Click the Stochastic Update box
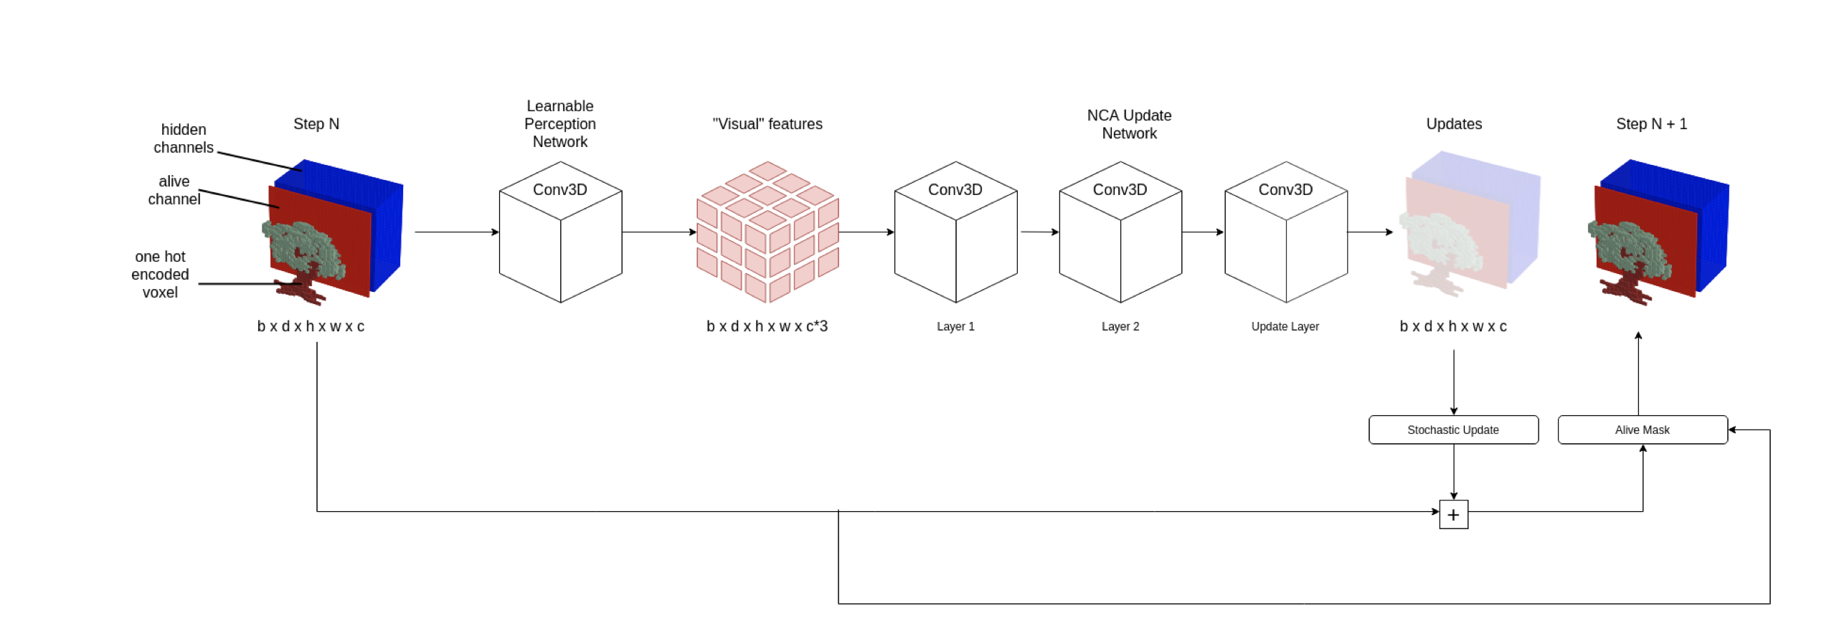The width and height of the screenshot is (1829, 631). [x=1452, y=430]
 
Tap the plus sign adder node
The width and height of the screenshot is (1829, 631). [x=1452, y=514]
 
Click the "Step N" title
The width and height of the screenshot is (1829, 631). [x=316, y=124]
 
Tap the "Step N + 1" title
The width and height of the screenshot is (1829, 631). [x=1650, y=124]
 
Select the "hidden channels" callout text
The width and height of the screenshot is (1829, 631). [x=183, y=138]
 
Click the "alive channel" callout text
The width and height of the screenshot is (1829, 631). [x=174, y=190]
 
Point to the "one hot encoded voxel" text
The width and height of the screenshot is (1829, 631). [x=159, y=274]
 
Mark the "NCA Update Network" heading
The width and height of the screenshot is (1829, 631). [x=1128, y=124]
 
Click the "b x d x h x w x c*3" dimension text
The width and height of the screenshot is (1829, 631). [x=766, y=326]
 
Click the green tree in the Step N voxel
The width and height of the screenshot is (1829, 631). [x=305, y=247]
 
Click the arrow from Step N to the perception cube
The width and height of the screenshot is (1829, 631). [x=455, y=232]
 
